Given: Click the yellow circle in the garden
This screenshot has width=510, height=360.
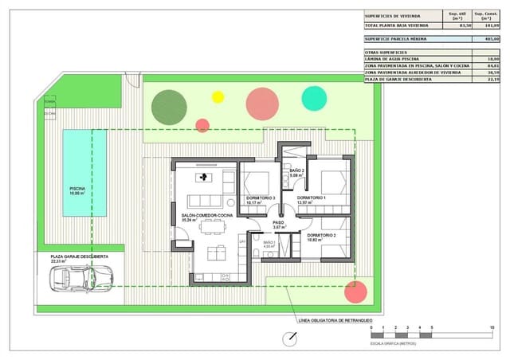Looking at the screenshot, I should [218, 97].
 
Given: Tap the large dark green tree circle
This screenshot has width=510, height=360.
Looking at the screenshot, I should [169, 107].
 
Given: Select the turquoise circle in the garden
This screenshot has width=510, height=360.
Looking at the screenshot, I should [314, 98].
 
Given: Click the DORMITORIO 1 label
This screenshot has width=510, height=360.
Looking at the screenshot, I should [312, 198].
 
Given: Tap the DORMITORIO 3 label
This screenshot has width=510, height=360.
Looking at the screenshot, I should [261, 198].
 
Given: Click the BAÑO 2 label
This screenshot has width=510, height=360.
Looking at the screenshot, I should [296, 171].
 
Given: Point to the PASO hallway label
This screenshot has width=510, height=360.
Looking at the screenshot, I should [278, 223].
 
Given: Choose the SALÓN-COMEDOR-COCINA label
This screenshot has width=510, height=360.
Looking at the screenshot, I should [206, 216].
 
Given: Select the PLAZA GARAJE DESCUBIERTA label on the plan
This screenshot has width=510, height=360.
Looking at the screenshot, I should [80, 256].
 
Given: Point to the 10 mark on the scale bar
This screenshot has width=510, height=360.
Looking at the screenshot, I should [492, 328].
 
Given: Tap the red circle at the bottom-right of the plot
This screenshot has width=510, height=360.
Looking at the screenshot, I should [355, 292].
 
